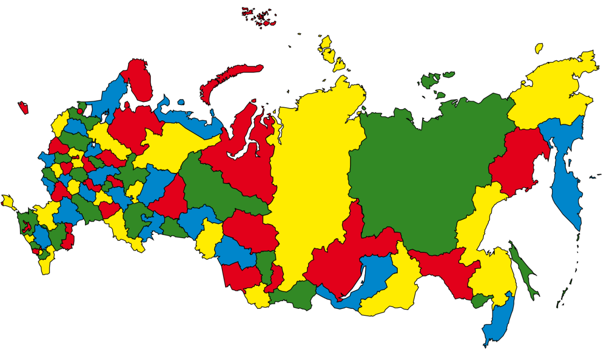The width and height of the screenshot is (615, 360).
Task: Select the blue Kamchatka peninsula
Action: [566, 179]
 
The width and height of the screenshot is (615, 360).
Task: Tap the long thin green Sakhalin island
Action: [523, 271]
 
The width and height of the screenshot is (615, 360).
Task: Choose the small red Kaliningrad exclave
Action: [23, 108]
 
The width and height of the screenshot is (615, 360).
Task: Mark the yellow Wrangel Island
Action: [539, 48]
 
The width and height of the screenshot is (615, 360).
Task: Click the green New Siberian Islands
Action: [430, 80]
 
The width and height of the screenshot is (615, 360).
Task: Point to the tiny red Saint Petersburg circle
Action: [79, 111]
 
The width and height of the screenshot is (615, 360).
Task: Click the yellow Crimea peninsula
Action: [7, 201]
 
